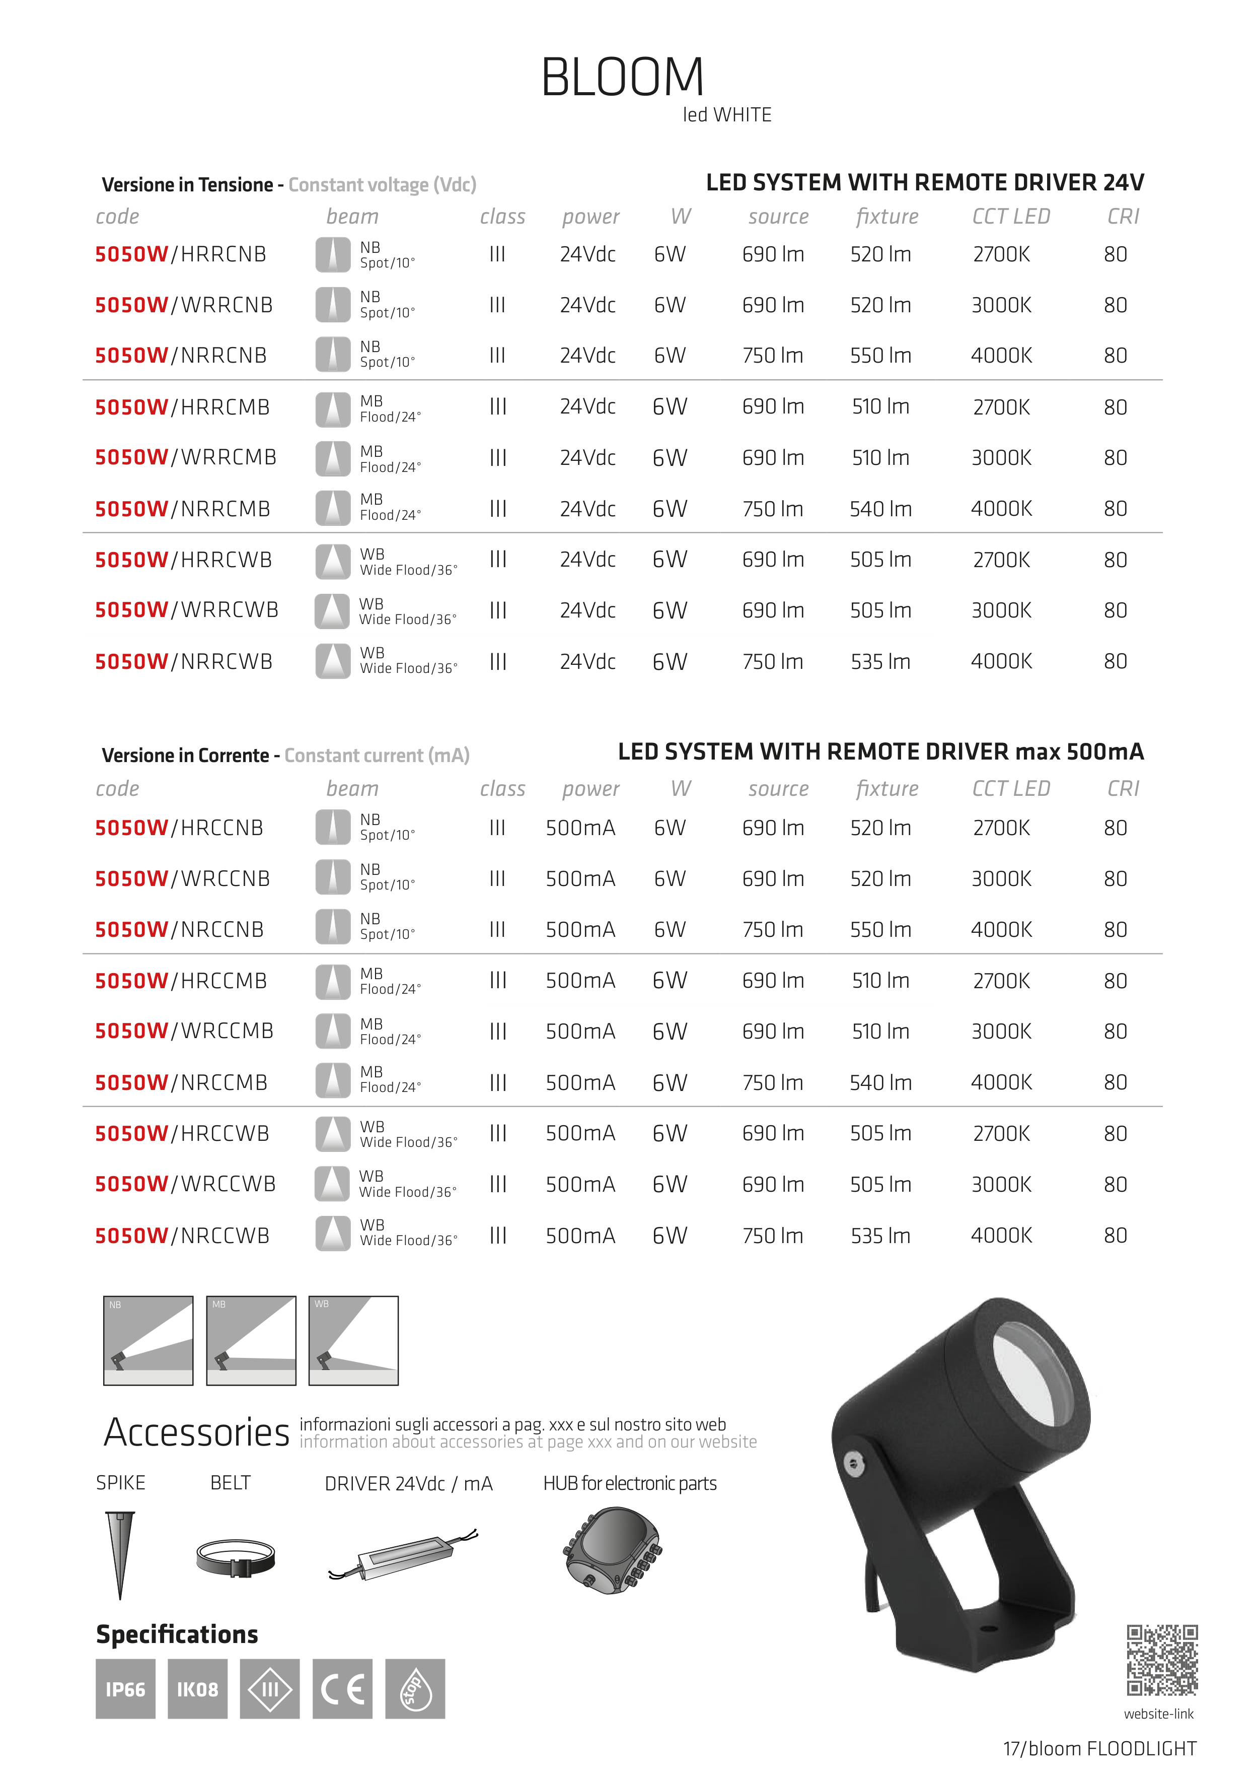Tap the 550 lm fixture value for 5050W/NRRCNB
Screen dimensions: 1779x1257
click(880, 356)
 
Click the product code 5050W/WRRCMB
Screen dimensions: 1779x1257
click(185, 457)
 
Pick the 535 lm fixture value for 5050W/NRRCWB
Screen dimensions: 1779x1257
click(880, 662)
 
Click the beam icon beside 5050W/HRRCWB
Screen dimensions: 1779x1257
click(333, 561)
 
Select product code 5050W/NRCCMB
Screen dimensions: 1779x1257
click(181, 1082)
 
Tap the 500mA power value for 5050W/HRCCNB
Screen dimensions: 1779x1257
click(580, 828)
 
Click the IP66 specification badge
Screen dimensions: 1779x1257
click(125, 1689)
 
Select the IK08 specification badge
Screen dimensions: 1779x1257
click(197, 1689)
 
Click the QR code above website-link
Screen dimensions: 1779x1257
click(1162, 1660)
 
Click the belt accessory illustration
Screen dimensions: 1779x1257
click(236, 1557)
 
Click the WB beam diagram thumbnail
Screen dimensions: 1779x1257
click(353, 1340)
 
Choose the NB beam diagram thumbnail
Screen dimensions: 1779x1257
click(148, 1340)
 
